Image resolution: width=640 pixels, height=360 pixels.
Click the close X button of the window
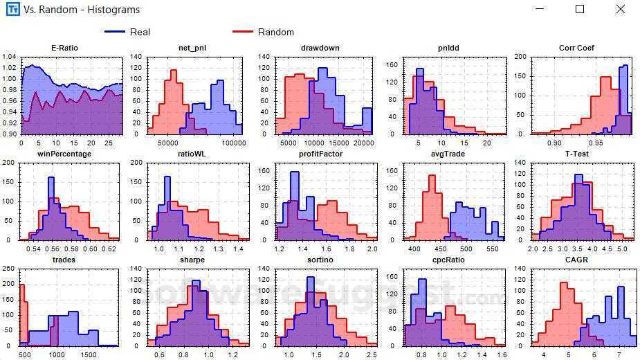[621, 9]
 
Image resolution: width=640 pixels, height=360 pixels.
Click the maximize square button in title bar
[580, 9]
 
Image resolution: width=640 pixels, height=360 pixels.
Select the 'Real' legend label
[140, 32]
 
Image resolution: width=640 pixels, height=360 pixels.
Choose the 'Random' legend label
[275, 32]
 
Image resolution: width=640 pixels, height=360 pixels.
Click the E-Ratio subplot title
[64, 48]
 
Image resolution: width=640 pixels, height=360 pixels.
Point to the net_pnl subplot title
[192, 48]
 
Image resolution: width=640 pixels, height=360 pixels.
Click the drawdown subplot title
[316, 48]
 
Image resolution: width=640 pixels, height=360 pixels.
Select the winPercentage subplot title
[64, 154]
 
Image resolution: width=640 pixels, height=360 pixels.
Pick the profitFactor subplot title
[316, 154]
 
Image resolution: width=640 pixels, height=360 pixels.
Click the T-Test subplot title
[576, 154]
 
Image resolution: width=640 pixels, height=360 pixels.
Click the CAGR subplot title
[576, 260]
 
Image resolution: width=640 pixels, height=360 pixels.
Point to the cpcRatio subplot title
[446, 260]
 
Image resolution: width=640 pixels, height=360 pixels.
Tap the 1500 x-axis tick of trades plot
[89, 354]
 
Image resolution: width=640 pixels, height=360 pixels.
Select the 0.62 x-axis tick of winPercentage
[109, 249]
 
